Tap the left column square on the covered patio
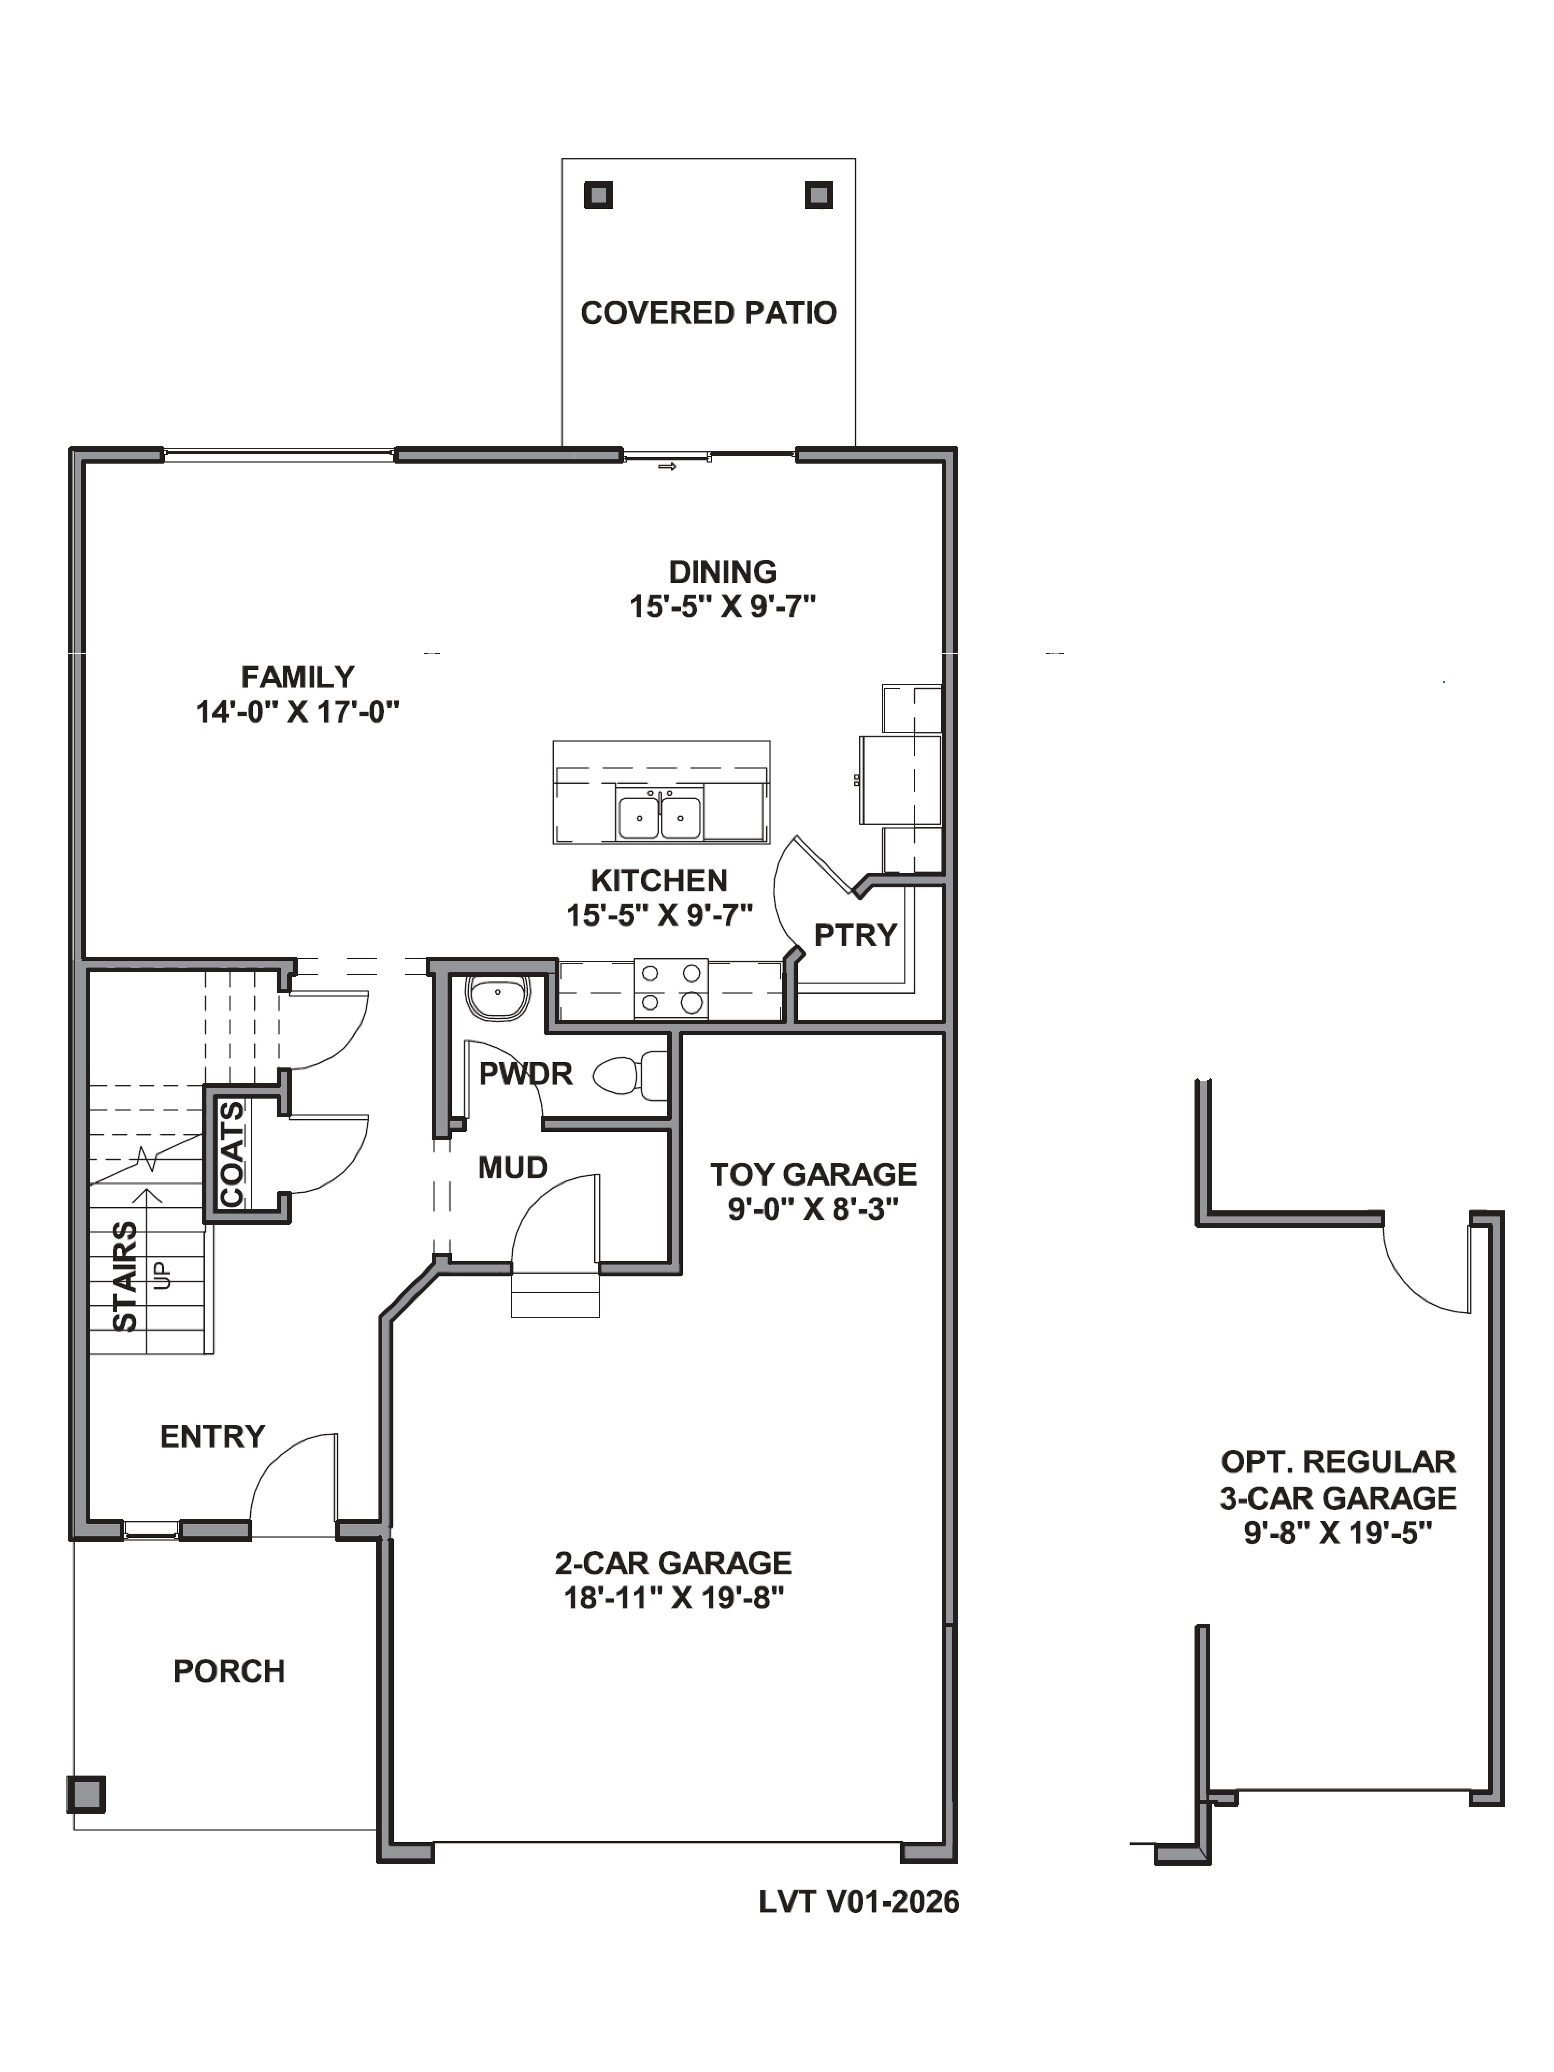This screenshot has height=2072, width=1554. click(599, 195)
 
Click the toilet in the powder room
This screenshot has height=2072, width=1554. click(630, 1074)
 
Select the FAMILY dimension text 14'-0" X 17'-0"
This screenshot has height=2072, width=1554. click(297, 712)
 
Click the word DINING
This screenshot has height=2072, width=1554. click(722, 571)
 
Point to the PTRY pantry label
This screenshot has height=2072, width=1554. click(855, 935)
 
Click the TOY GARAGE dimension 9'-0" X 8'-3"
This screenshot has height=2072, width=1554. click(813, 1209)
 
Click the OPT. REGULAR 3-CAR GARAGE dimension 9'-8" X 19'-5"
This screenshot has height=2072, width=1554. click(1338, 1533)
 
